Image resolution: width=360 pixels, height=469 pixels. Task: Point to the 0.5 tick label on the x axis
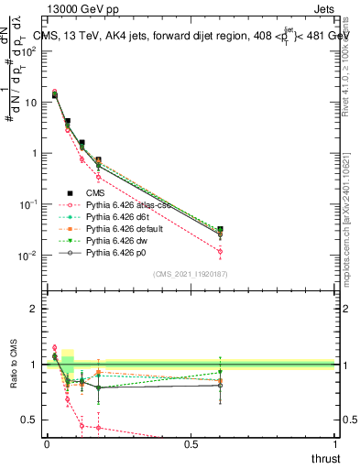[x=191, y=444]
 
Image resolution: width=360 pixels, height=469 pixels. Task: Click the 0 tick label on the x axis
[x=47, y=444]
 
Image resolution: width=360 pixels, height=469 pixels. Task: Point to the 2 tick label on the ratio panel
[x=33, y=309]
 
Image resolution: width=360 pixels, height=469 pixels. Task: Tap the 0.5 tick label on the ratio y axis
[x=28, y=420]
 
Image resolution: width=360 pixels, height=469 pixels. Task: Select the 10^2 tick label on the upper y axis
[x=27, y=51]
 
